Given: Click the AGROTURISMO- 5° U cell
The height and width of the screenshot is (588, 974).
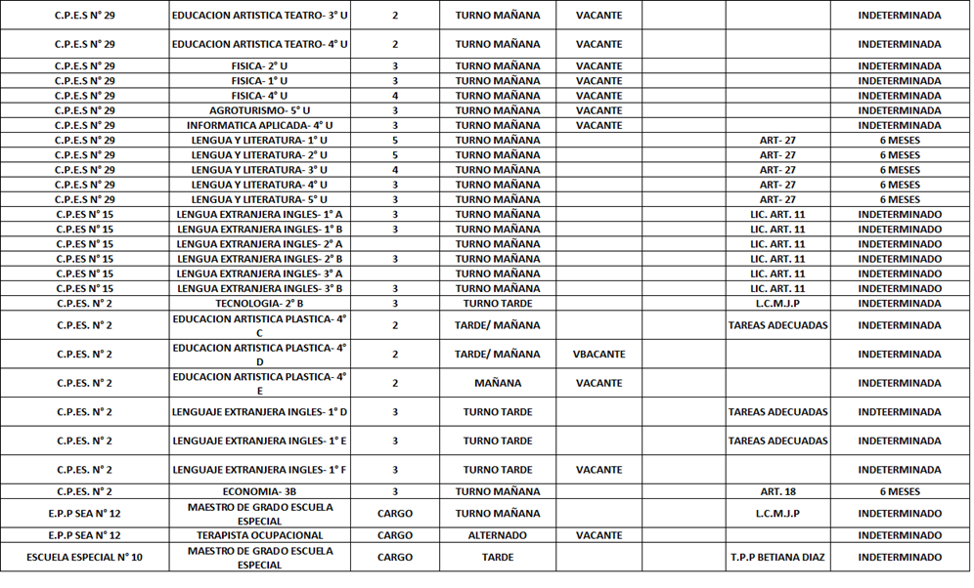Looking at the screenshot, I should (259, 110).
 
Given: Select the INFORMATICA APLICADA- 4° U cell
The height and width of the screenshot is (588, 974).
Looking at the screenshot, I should (259, 125).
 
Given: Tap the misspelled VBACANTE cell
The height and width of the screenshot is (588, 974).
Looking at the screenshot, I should (598, 354).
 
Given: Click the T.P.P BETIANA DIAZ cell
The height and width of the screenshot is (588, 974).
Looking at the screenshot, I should (777, 558).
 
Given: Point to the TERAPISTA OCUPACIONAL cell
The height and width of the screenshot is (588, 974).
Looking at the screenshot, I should (259, 535).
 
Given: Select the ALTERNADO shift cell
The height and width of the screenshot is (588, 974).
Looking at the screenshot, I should (497, 535).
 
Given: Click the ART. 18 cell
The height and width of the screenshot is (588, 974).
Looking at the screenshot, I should (777, 492).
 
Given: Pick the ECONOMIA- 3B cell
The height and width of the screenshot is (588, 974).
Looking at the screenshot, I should (259, 492).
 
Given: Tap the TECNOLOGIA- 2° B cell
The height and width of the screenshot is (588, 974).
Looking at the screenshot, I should (259, 304).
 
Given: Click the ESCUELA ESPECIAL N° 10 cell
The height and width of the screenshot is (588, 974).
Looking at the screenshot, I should (84, 558).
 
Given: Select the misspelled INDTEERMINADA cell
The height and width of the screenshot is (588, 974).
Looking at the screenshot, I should (899, 412).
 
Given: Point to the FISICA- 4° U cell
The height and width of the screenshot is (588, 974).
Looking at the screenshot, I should (259, 96).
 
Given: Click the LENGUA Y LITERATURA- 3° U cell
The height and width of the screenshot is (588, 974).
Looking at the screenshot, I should (259, 170).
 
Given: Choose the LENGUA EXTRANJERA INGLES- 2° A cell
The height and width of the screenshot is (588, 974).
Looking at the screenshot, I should (259, 244).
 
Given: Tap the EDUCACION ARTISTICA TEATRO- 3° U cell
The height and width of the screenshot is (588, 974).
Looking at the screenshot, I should (259, 16).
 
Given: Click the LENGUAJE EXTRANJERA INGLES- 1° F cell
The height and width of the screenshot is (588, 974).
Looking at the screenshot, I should (259, 470).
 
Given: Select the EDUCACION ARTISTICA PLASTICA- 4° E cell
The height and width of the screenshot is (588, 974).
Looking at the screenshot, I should (259, 383).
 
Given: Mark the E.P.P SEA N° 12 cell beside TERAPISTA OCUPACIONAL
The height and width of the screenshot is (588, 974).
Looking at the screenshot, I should (84, 535).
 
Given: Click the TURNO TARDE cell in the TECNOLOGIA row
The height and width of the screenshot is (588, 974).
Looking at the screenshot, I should (497, 304).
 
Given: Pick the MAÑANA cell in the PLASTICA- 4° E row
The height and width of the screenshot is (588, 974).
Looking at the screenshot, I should (497, 383).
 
